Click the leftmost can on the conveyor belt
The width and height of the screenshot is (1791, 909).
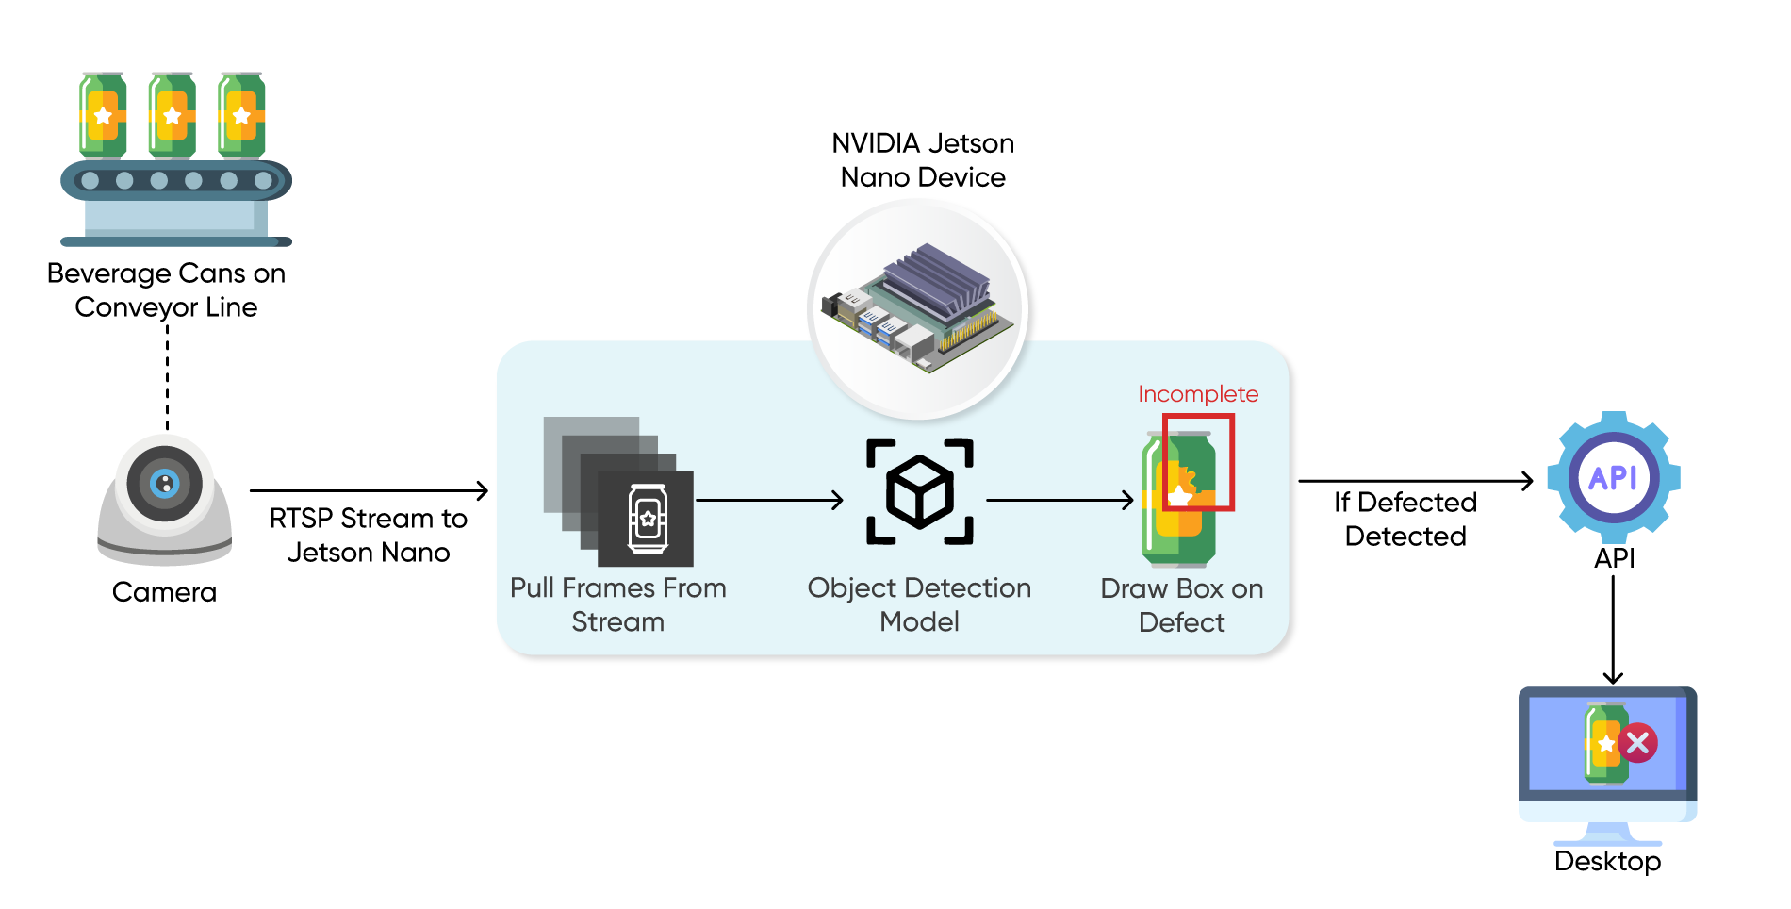coord(103,116)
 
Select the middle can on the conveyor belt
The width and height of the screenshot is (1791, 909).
coord(172,116)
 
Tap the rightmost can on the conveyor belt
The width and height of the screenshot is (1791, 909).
coord(241,116)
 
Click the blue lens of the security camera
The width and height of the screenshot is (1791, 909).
coord(165,484)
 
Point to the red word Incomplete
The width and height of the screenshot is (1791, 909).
coord(1197,394)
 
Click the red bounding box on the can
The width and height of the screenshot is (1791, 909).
coord(1231,462)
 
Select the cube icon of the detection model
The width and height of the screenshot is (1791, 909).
coord(920,491)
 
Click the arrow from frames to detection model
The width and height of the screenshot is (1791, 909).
coord(768,500)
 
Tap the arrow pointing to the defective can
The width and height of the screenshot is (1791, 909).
coord(1060,500)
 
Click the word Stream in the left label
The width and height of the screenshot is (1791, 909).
coord(617,622)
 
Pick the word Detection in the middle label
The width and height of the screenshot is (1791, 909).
coord(967,588)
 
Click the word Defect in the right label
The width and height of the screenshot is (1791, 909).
coord(1181,622)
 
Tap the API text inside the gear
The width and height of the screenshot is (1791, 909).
coord(1613,478)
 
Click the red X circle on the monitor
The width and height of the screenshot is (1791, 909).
coord(1638,743)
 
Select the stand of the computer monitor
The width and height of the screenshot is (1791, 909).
coord(1607,835)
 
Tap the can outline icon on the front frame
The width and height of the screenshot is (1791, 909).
coord(648,518)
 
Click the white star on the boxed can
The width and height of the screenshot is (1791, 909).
coord(1180,495)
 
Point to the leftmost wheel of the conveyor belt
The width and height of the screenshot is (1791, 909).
coord(90,180)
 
